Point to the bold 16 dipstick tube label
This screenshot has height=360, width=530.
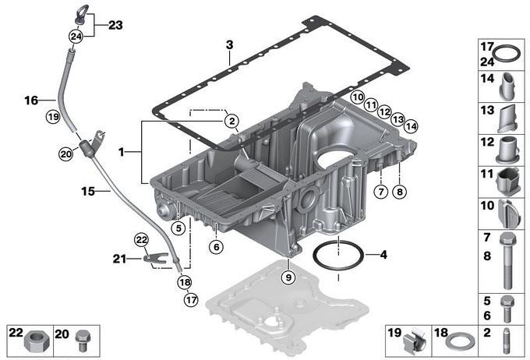coord(31,101)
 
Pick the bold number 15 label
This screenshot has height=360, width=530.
coord(88,190)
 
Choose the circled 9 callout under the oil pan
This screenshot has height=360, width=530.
coord(288,275)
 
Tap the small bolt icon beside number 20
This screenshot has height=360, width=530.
coord(86,340)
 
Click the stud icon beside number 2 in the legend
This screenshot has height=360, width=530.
coord(507,341)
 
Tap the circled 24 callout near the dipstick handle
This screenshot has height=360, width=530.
coord(76,36)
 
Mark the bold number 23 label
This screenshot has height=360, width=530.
coord(115,25)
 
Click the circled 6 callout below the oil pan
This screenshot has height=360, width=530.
coord(216,245)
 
